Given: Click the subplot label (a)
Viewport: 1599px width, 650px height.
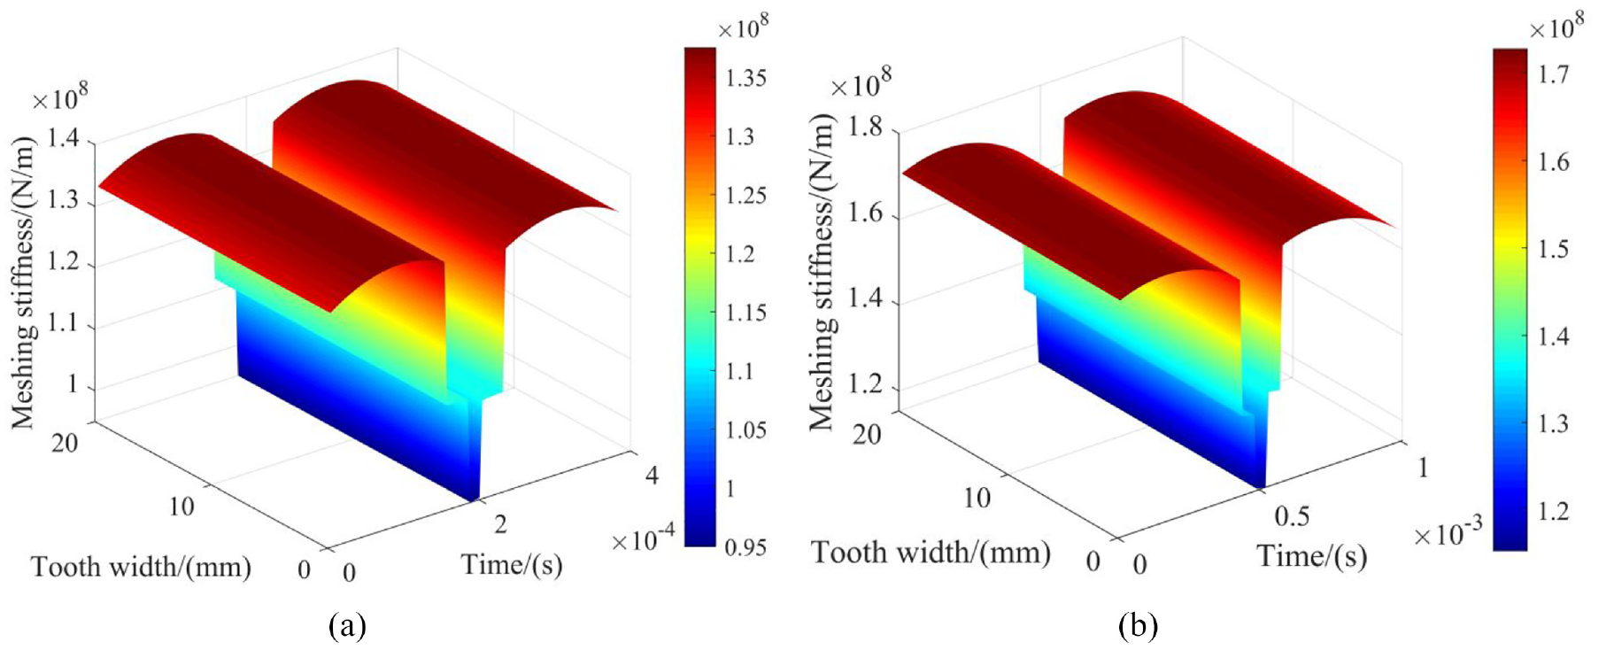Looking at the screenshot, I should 347,627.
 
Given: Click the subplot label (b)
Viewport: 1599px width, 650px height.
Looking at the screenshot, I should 1138,627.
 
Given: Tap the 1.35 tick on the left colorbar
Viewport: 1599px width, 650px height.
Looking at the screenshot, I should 745,78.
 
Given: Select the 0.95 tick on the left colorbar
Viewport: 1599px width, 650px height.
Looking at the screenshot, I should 745,548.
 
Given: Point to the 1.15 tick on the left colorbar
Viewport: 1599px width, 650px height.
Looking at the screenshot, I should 745,313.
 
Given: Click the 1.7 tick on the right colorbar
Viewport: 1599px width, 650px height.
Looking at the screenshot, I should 1553,74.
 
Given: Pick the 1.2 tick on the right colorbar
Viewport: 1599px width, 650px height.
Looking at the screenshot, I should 1553,511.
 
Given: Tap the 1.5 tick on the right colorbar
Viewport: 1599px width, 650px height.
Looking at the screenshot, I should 1553,249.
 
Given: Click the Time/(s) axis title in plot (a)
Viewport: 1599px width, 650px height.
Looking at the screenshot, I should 512,564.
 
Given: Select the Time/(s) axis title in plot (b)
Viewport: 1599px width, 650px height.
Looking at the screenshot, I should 1311,555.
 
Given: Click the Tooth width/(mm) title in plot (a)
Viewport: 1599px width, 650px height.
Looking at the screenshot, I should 142,567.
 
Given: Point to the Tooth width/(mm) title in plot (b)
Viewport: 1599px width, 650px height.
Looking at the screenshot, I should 931,553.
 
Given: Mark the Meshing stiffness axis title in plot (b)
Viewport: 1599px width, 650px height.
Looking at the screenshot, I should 822,273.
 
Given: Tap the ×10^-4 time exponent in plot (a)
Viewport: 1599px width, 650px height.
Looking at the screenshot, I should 643,538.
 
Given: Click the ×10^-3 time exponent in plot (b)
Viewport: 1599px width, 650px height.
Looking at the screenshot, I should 1447,531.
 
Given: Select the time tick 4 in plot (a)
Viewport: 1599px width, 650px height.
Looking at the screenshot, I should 652,476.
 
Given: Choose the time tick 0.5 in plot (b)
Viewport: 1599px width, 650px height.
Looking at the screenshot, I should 1292,516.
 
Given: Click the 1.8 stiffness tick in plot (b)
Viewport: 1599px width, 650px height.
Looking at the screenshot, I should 866,127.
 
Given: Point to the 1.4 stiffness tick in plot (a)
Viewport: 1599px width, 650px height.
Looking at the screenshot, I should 63,138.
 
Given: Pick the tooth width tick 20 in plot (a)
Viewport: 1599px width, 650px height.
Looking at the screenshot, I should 65,442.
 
